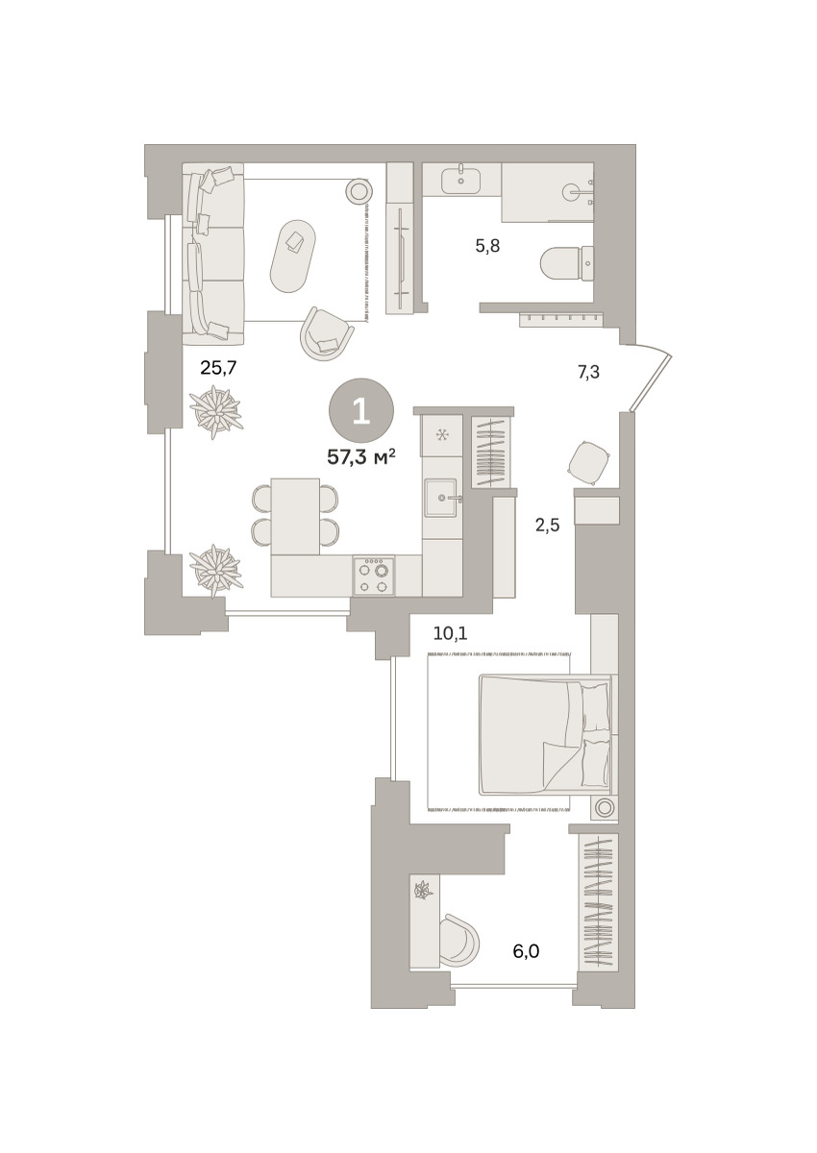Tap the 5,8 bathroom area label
pos(487,247)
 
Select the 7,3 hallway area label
pos(588,371)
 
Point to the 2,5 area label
pos(547,526)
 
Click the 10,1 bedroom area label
pos(450,633)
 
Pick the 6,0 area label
pos(526,951)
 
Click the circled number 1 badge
pos(361,411)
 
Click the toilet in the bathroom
pos(567,262)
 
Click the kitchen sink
pos(440,498)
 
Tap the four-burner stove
pos(374,576)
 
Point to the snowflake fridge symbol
pos(441,436)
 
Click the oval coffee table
pos(293,257)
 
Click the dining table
pos(295,516)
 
